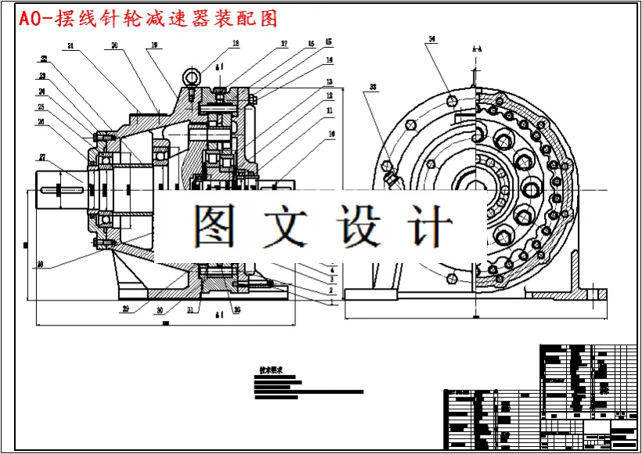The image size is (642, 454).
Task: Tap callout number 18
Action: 236,44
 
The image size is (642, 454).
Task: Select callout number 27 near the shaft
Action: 43,156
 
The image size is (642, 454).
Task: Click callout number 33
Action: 373,86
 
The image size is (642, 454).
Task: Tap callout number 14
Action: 330,59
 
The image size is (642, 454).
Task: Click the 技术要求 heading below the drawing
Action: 271,369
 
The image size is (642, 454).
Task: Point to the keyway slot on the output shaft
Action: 55,188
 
